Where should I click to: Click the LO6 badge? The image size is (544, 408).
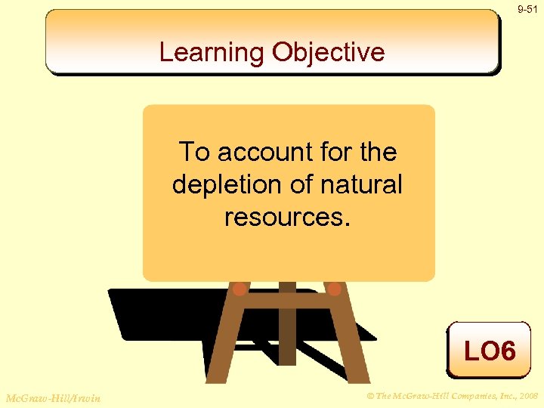click(x=489, y=351)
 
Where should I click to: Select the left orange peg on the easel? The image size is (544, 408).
click(x=240, y=289)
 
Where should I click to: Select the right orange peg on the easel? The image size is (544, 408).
click(x=334, y=289)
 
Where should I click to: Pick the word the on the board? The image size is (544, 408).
click(x=379, y=152)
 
